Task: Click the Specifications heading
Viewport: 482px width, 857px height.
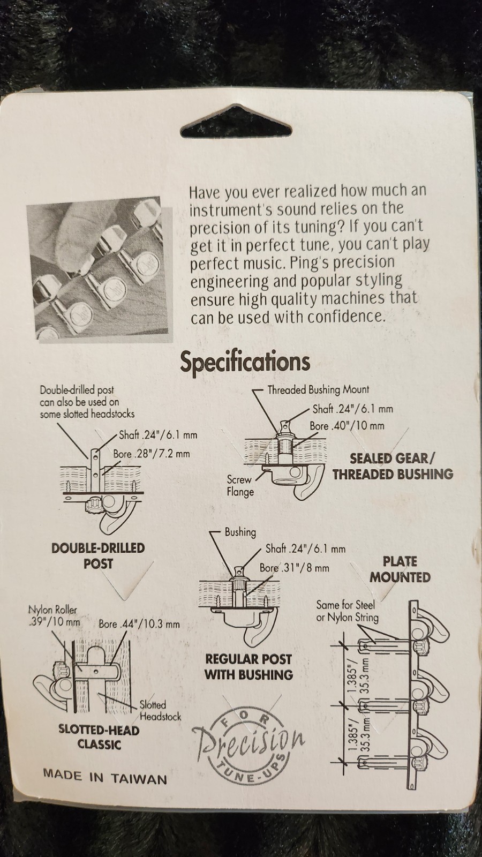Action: click(x=245, y=362)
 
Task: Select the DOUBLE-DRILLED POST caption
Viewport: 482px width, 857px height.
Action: click(x=98, y=555)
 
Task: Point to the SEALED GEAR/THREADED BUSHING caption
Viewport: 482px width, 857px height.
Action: click(x=393, y=466)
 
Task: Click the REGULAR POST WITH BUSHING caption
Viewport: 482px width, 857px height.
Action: click(x=248, y=667)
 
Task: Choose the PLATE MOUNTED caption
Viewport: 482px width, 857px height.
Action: click(x=400, y=569)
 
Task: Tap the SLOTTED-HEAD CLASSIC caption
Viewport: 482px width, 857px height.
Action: click(x=99, y=736)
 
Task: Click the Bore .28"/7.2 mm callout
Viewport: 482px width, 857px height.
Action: click(x=152, y=454)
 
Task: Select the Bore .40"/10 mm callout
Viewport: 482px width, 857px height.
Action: click(x=347, y=425)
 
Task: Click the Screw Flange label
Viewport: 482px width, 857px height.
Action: click(x=240, y=485)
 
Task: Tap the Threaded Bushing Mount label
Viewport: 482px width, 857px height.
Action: click(x=318, y=390)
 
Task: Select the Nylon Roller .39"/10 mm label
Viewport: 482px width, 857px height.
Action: click(x=54, y=615)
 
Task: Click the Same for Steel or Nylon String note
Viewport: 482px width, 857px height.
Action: click(x=347, y=611)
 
